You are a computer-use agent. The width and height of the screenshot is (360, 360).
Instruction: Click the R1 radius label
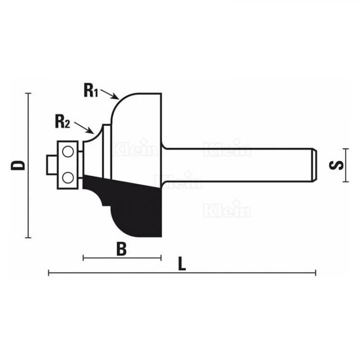coord(90,90)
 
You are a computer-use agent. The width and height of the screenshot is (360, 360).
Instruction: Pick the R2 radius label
coord(62,120)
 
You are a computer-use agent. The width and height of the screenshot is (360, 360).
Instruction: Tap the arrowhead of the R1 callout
coord(116,98)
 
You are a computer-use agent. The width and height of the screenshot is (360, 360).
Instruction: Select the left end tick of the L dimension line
coord(48,272)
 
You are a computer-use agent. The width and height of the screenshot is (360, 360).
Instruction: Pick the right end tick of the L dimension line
coord(315,272)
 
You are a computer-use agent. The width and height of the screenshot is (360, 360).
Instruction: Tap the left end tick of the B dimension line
coord(83,258)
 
